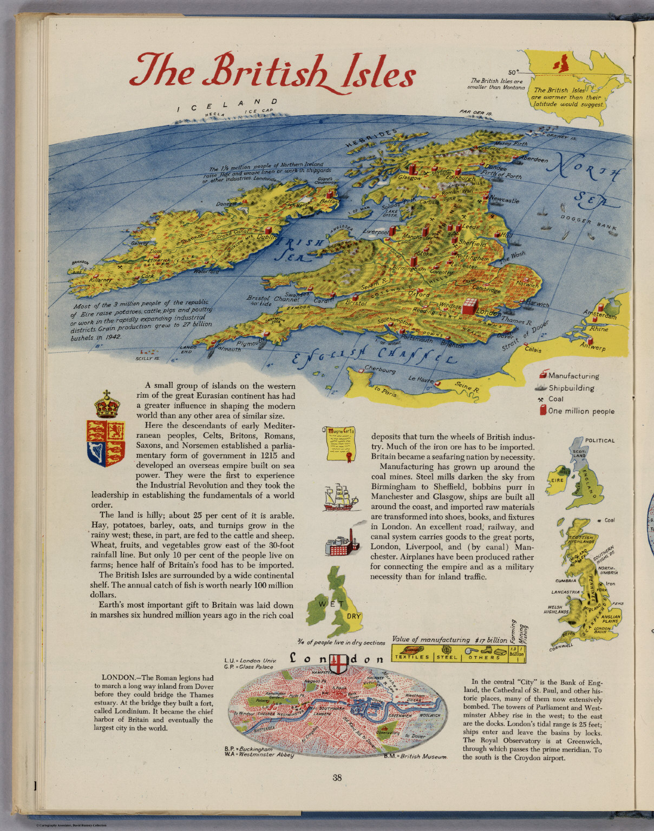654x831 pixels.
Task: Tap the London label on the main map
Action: pos(488,313)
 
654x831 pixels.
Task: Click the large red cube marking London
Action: pos(470,306)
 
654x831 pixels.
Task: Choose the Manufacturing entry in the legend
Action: pos(573,376)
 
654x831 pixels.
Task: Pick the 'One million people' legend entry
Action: pos(581,411)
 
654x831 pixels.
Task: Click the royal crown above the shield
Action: pos(107,405)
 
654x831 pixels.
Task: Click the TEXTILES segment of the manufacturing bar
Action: pos(412,657)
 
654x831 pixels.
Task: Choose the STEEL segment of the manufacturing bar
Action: pos(447,657)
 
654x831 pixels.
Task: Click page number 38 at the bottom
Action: pos(337,778)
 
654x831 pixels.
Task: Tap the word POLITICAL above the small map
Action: pos(599,440)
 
